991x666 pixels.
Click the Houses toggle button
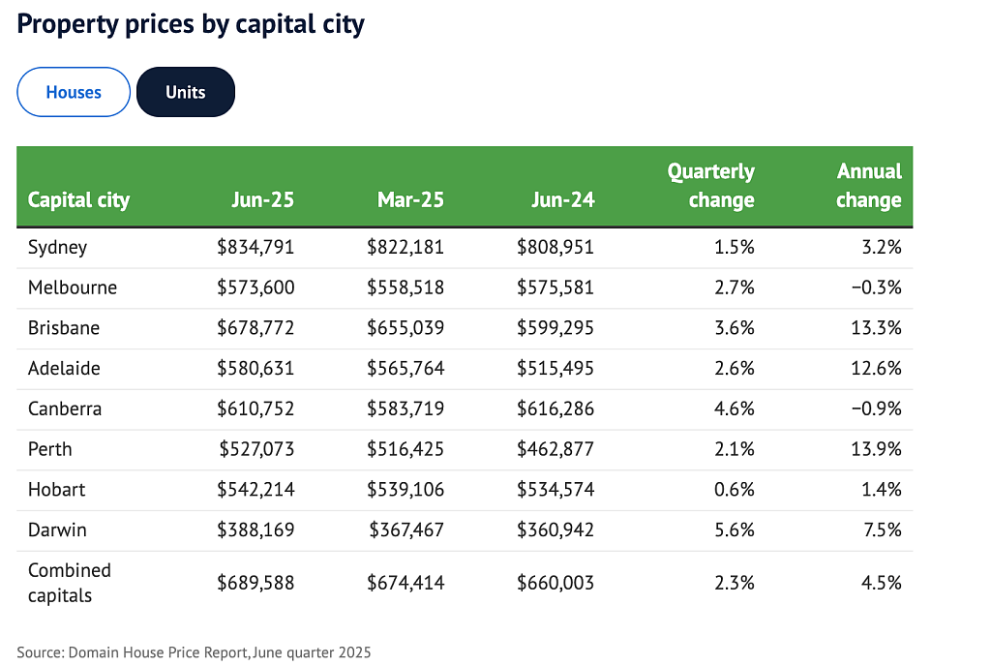click(74, 92)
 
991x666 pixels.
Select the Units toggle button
click(186, 92)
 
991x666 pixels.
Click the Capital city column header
click(79, 200)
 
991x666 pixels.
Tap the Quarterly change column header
click(711, 186)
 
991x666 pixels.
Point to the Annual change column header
click(869, 186)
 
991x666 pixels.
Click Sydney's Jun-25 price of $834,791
click(255, 247)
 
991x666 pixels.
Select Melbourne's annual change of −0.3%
click(877, 288)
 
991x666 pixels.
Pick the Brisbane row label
click(64, 328)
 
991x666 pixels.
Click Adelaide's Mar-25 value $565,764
click(405, 369)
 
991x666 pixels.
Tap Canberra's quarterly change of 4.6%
click(735, 409)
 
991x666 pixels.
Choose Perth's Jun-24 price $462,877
click(556, 449)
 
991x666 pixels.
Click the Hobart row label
click(57, 490)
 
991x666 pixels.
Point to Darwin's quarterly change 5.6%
click(735, 530)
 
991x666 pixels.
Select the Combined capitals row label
click(70, 583)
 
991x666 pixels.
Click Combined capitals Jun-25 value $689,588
click(255, 583)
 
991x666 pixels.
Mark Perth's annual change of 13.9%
click(877, 449)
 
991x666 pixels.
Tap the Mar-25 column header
click(410, 200)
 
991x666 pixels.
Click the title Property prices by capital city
click(191, 24)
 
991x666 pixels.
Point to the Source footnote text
click(194, 652)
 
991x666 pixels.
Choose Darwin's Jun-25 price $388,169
click(255, 530)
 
